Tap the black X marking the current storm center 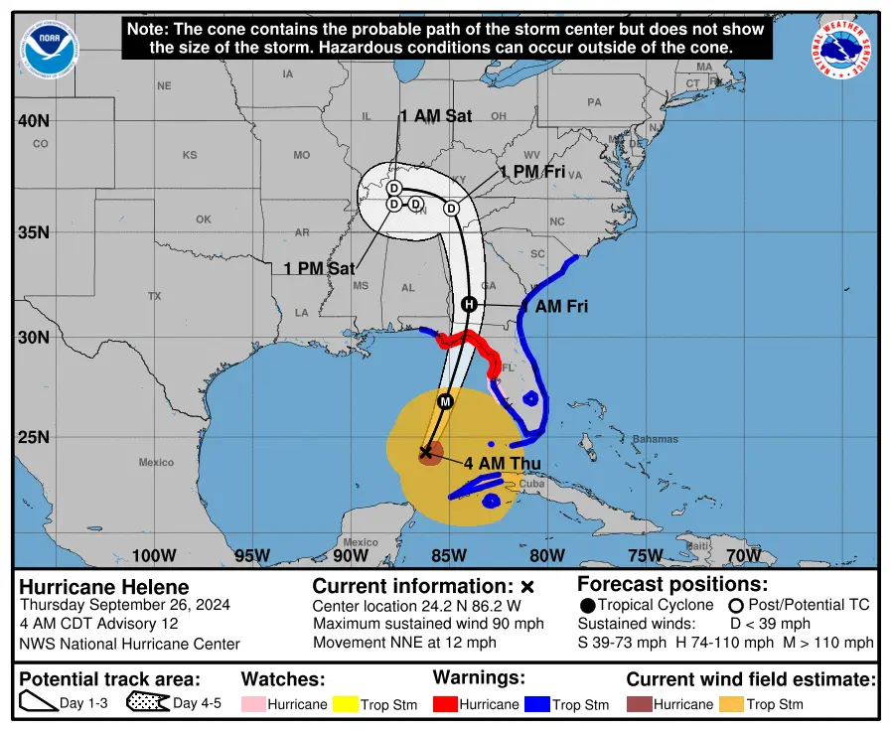pos(426,452)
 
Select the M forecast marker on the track pos(445,401)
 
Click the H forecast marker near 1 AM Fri pos(469,304)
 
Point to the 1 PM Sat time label pos(319,268)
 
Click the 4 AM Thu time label pos(500,462)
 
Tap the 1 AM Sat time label pos(436,116)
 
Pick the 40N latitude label pos(33,121)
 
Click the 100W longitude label pos(154,555)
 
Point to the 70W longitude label pos(743,555)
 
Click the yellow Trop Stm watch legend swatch pos(346,704)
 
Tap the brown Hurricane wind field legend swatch pos(638,704)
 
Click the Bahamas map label pos(656,439)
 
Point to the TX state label pos(154,296)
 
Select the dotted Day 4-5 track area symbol pos(147,703)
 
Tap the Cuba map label pos(532,484)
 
